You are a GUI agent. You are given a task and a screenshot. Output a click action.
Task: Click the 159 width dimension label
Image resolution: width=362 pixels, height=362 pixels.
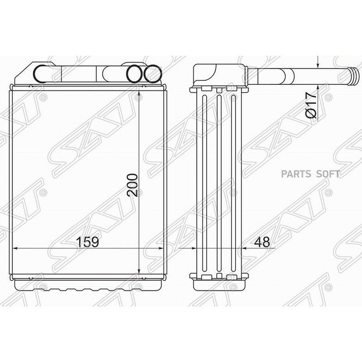pos(87,242)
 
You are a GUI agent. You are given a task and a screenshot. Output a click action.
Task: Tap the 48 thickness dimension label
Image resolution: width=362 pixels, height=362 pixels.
pos(262,242)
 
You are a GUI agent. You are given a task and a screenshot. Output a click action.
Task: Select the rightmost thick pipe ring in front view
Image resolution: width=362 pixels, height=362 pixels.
pos(152,74)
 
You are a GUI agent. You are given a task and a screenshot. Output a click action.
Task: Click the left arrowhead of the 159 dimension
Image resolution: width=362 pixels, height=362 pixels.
pos(15,249)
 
